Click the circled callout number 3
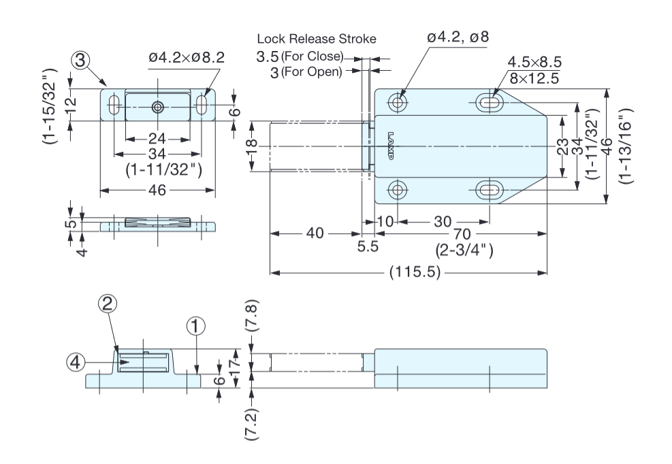(x=80, y=62)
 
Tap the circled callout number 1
(x=195, y=327)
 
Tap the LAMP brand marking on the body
(x=391, y=146)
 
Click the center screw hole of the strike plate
(x=158, y=106)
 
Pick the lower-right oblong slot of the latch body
(x=489, y=188)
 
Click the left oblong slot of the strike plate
(x=113, y=106)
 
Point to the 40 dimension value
(x=315, y=233)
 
